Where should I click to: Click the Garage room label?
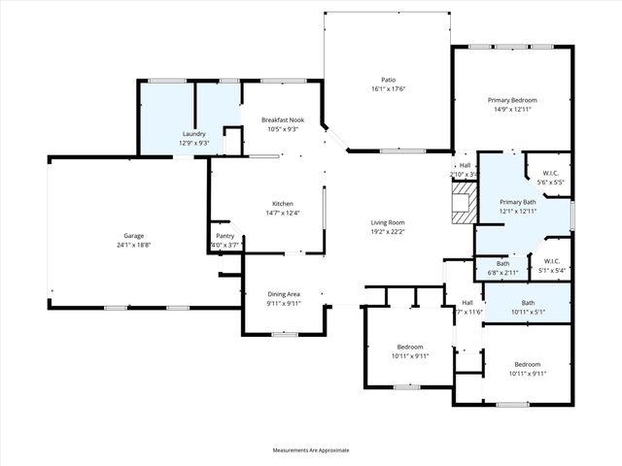[x=134, y=236]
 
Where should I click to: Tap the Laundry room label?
[x=193, y=134]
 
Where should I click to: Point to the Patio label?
[x=387, y=80]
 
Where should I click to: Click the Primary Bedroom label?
[x=512, y=100]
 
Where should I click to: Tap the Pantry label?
[x=225, y=236]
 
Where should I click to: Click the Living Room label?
[x=387, y=223]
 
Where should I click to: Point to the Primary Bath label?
[x=517, y=202]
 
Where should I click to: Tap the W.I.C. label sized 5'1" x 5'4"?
[x=551, y=260]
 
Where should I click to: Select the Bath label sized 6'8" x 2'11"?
[x=502, y=263]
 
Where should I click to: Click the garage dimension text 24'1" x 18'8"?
[x=134, y=245]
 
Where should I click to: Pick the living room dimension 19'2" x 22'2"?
[x=387, y=232]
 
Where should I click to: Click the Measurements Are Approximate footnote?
[x=310, y=450]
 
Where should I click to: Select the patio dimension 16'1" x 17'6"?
[x=387, y=88]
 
